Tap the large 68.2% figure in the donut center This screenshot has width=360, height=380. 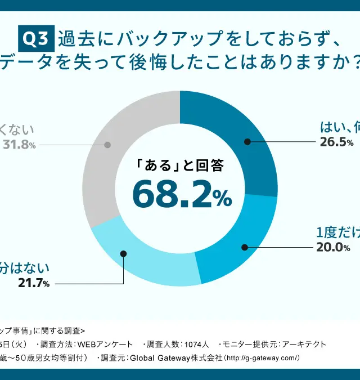[181, 193]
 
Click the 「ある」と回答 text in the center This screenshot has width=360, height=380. [180, 166]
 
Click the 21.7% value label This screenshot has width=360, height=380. [33, 283]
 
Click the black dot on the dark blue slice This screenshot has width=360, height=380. [247, 142]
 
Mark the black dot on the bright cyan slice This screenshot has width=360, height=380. [245, 247]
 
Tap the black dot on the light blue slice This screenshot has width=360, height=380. [123, 254]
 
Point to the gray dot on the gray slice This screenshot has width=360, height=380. [107, 145]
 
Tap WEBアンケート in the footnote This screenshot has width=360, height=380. [107, 344]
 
